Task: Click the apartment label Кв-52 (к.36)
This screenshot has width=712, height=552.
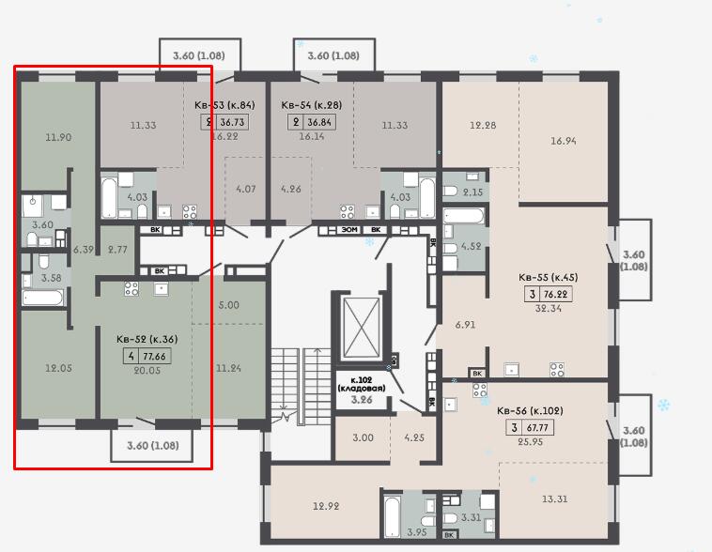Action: pos(147,339)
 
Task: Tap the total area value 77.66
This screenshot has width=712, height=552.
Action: pos(155,357)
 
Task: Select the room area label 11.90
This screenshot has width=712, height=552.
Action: pos(58,137)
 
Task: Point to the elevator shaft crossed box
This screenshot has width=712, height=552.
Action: pos(362,328)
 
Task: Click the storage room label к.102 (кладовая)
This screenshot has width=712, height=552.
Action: pos(362,384)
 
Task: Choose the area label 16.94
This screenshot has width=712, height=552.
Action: pos(564,141)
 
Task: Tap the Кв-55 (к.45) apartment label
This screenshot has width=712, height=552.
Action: pos(548,277)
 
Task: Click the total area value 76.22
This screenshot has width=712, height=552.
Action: pos(555,294)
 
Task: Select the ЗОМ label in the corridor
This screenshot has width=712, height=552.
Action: pos(349,230)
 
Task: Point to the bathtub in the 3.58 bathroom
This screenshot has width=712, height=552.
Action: pos(42,298)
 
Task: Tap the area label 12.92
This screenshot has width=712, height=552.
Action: pos(326,506)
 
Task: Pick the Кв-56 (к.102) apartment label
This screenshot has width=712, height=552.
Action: pos(530,411)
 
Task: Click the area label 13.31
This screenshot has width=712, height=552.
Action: pos(554,498)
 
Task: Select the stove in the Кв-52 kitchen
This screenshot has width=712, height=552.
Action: pos(132,289)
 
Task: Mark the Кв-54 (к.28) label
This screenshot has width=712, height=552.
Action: pos(312,105)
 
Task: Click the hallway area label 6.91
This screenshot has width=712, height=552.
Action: pos(465,325)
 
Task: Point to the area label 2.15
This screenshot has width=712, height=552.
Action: pos(472,192)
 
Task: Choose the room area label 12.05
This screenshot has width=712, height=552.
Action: pos(58,368)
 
